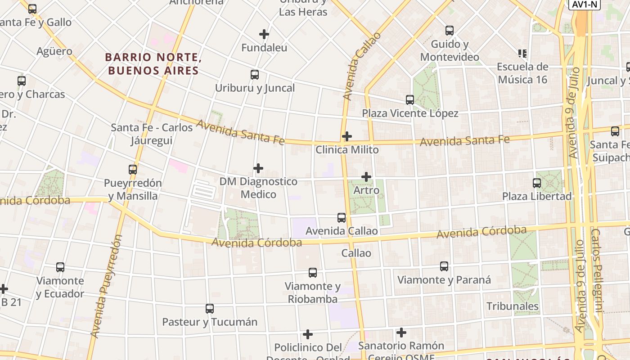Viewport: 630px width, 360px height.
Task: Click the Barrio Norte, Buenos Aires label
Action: tap(152, 64)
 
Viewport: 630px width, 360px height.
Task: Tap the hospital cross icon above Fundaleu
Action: tap(264, 34)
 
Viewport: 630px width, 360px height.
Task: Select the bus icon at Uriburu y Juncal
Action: tap(255, 75)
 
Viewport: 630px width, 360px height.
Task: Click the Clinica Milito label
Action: tap(347, 150)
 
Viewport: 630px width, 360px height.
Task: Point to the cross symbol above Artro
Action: tap(366, 177)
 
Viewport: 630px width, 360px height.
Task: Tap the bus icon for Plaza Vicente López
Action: tap(410, 100)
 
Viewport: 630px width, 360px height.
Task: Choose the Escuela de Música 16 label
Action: tap(522, 73)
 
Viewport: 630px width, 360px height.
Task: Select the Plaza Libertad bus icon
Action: tap(537, 183)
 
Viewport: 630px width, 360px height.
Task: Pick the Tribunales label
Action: tap(513, 306)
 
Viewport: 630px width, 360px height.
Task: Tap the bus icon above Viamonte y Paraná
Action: tap(444, 266)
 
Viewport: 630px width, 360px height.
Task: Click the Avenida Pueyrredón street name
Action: tap(107, 286)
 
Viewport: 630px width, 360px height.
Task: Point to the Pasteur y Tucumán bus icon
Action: tap(210, 309)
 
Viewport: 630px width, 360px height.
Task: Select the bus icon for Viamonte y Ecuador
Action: tap(60, 267)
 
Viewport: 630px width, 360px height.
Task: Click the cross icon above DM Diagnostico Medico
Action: tap(258, 168)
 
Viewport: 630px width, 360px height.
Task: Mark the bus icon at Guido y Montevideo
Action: tap(450, 31)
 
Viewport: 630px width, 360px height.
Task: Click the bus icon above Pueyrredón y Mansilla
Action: tap(133, 170)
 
